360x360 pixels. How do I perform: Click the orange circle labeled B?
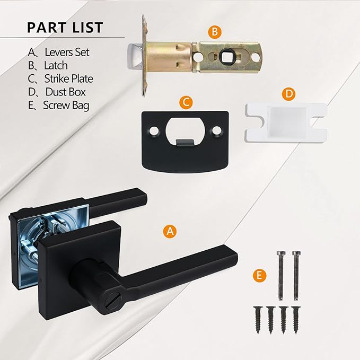point(214,32)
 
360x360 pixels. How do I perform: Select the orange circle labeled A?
point(169,231)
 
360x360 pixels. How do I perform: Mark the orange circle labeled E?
point(259,276)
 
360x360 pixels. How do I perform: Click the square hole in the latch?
point(231,55)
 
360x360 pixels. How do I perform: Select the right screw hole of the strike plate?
point(217,130)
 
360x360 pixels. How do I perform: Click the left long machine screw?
point(280,273)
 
